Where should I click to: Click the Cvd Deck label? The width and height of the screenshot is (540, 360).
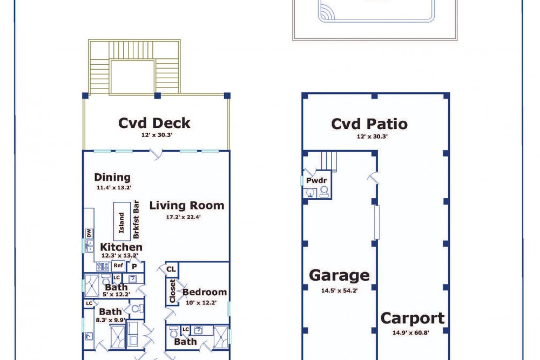tap(154, 123)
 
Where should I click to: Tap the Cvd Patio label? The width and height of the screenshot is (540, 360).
tap(369, 124)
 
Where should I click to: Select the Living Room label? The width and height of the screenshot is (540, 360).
tap(187, 206)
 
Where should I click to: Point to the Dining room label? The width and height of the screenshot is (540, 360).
tap(112, 177)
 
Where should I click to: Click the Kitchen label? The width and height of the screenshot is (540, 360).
tap(121, 247)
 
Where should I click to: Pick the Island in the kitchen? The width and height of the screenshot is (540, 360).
tap(122, 222)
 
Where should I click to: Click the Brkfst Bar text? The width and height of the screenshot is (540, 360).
tap(136, 220)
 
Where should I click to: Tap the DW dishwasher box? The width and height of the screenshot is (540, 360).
tap(89, 233)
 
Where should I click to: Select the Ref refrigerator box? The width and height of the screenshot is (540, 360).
tap(118, 266)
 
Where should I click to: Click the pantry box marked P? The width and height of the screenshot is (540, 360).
tap(134, 267)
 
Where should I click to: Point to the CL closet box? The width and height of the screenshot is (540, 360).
tap(171, 269)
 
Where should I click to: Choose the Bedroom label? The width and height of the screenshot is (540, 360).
tap(205, 292)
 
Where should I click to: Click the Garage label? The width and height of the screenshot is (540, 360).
tap(339, 275)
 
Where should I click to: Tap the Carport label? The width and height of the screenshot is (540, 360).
tap(413, 318)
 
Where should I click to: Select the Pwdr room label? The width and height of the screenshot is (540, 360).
tap(316, 180)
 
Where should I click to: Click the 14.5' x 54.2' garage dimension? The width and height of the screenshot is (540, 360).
tap(339, 290)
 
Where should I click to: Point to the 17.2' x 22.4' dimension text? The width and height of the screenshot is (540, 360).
tap(183, 217)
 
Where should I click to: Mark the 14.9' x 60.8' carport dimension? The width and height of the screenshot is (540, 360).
tap(410, 332)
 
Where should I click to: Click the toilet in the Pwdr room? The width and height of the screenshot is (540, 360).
tap(324, 192)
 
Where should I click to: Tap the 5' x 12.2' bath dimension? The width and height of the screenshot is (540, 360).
tap(116, 295)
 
